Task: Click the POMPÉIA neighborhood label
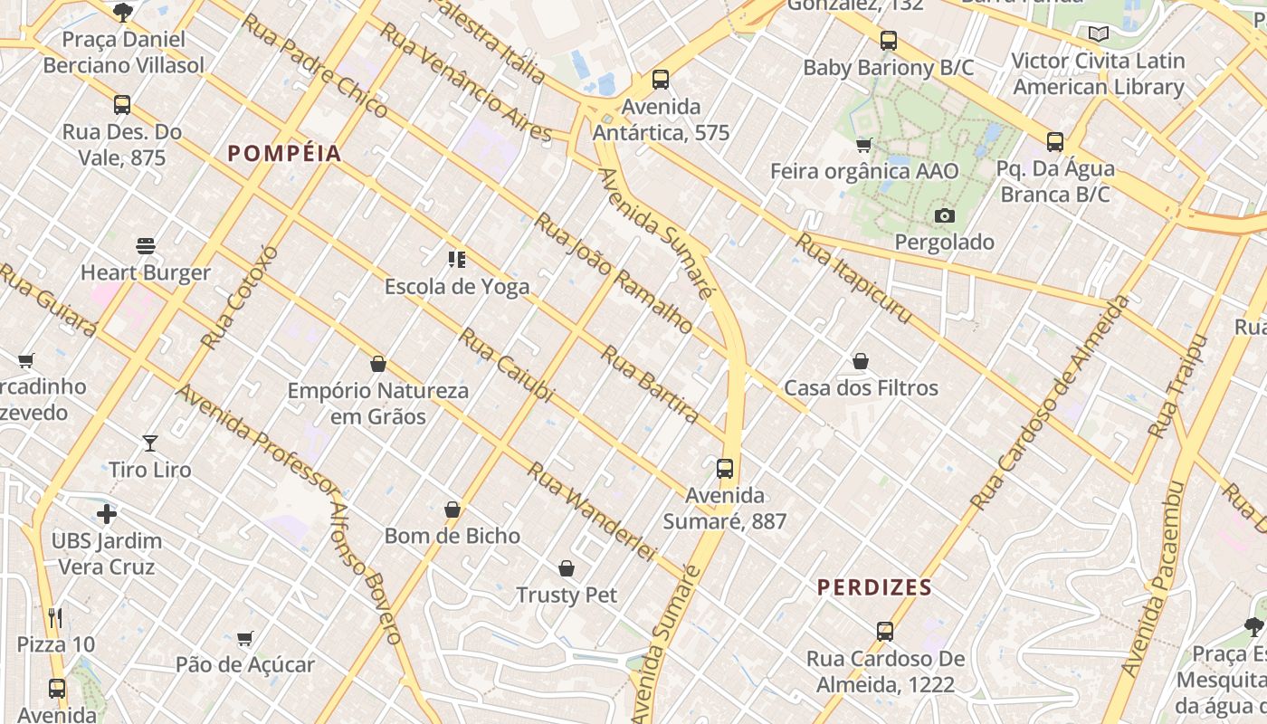coord(284,154)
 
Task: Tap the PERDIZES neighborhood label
coord(874,587)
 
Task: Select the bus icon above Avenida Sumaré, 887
coord(725,469)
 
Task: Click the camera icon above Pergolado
coord(945,215)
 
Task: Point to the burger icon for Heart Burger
coord(146,246)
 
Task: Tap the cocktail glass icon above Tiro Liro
coord(150,443)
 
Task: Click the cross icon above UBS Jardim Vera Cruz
coord(107,514)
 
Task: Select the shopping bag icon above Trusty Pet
coord(567,568)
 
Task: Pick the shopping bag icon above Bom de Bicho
coord(452,510)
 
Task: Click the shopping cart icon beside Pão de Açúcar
coord(244,639)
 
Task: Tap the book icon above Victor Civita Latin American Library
coord(1099,34)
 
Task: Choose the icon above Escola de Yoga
coord(457,261)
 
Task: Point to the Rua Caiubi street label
coord(505,365)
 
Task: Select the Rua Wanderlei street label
coord(591,510)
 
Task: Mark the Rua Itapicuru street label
coord(853,278)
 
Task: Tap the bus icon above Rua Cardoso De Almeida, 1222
coord(885,632)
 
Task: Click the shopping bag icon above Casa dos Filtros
coord(861,362)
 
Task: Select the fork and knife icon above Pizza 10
coord(56,618)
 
